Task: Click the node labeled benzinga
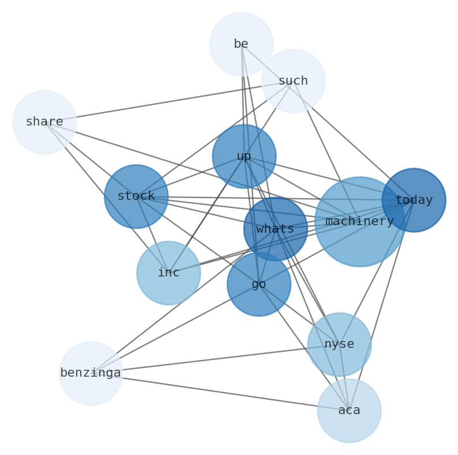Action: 91,373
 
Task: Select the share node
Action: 44,122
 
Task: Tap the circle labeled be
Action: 241,44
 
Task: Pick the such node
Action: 293,81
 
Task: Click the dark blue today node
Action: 414,200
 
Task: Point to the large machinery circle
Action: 359,221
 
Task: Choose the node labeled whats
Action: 275,229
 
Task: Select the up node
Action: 244,156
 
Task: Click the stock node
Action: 136,196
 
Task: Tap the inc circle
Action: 168,273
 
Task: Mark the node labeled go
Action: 259,284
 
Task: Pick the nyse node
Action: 339,344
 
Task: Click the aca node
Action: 349,411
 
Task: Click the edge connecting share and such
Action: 168,101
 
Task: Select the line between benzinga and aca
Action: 219,392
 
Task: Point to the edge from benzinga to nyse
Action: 215,359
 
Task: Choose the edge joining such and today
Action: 353,140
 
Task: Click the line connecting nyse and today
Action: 376,272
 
